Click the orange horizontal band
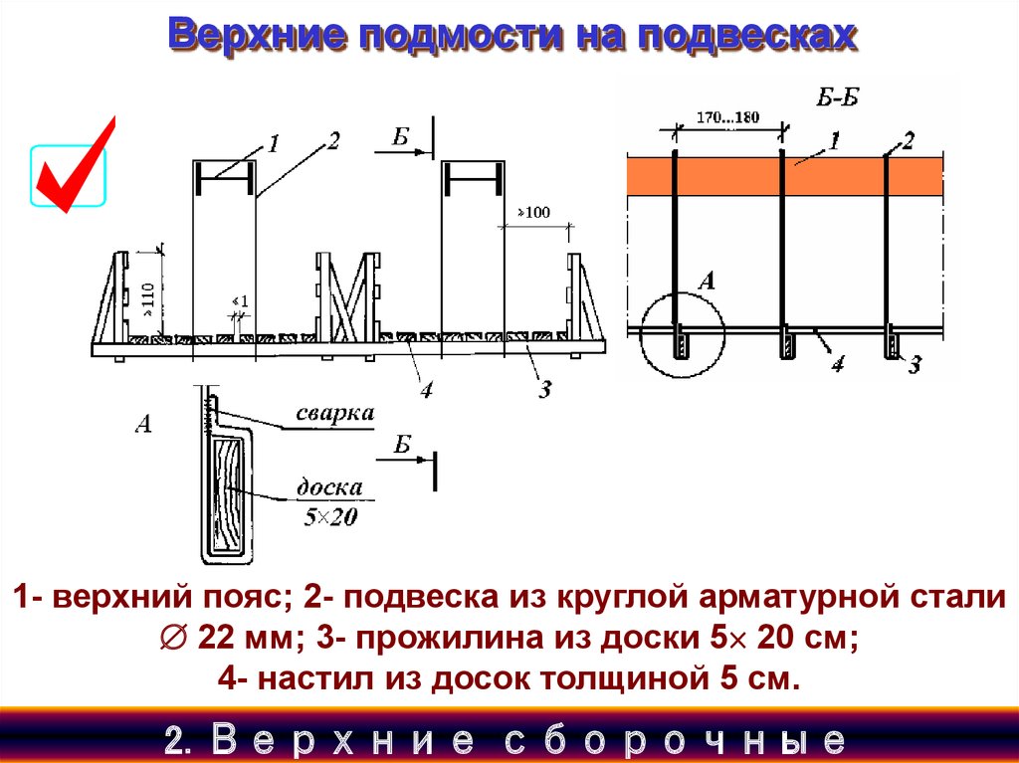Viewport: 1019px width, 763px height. point(784,176)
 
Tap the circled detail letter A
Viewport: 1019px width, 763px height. point(707,282)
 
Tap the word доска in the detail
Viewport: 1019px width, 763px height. point(326,488)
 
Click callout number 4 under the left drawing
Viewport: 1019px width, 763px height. point(426,389)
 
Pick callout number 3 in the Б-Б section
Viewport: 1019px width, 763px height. point(914,366)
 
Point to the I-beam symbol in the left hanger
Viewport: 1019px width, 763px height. point(223,181)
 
